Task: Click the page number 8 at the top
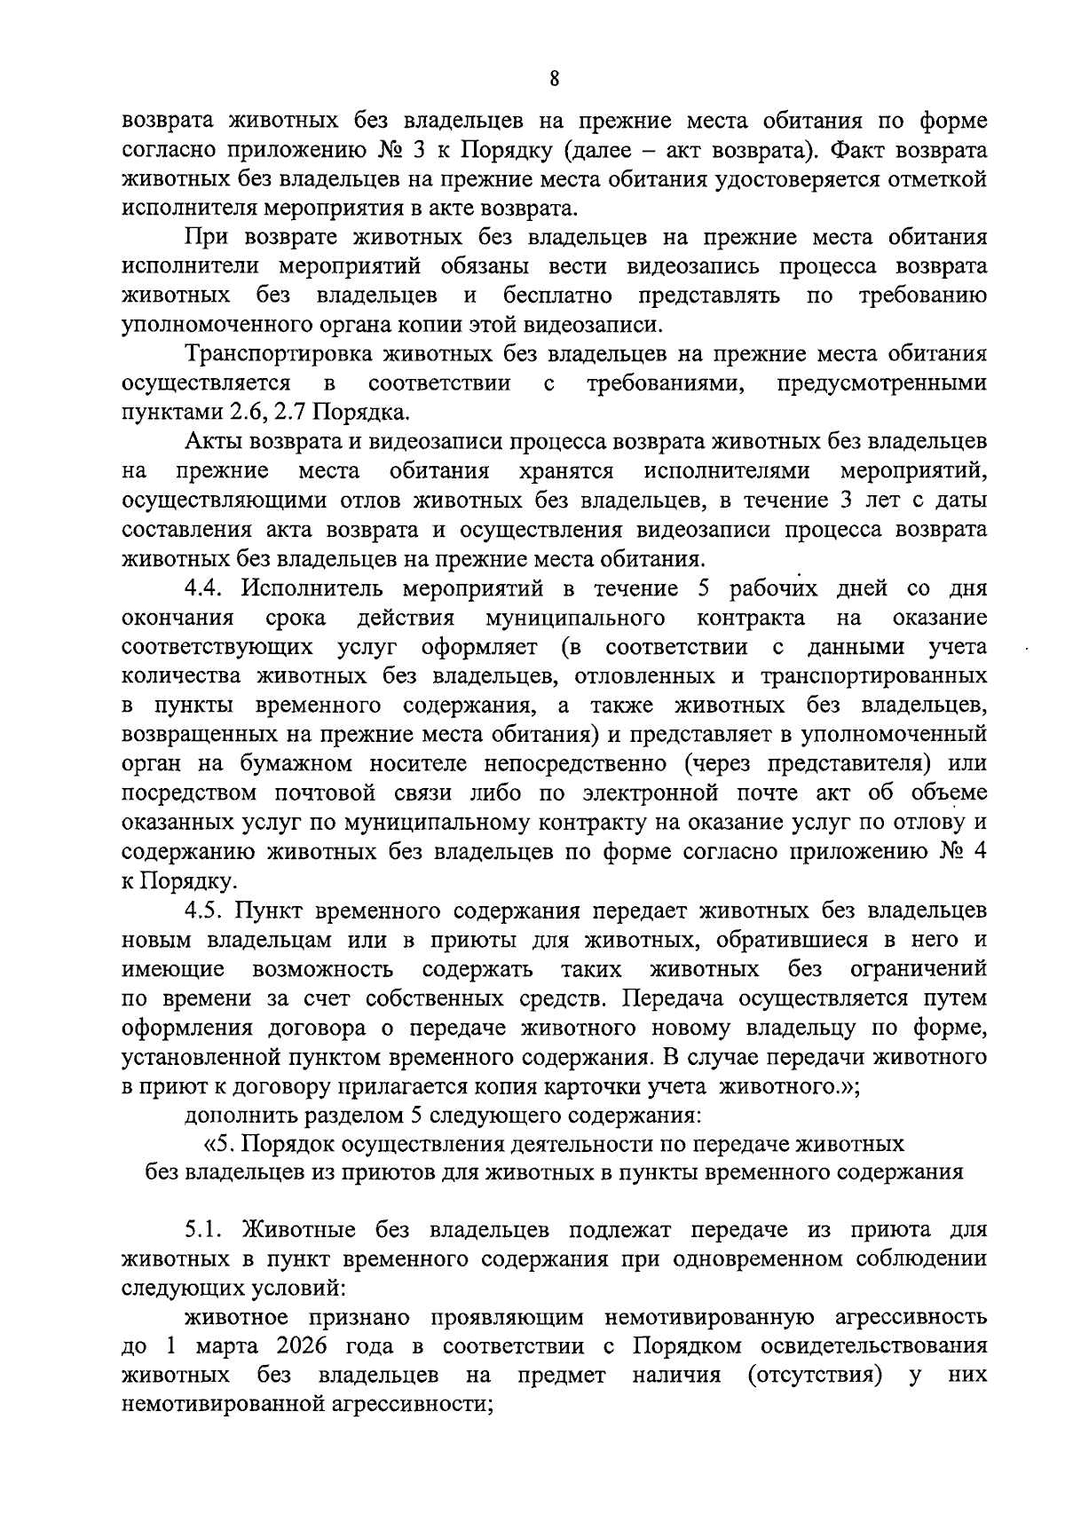554,79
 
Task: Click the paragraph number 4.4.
206,589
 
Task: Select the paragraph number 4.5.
206,911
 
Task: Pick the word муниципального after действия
575,618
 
